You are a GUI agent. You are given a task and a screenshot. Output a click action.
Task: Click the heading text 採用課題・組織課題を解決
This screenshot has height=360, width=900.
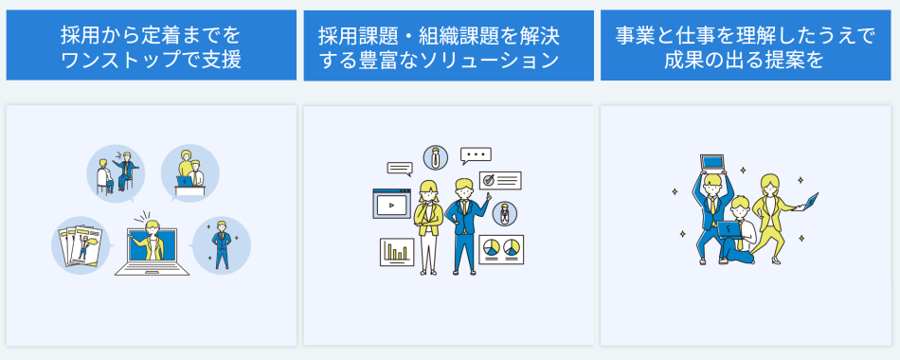tap(439, 38)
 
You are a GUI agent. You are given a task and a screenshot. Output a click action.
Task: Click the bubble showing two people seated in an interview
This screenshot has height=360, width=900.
tap(115, 173)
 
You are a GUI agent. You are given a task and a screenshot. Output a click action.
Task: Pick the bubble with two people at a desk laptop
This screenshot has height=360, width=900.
tap(189, 172)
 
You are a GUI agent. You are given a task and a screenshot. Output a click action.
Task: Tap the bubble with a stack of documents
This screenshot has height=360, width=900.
tap(81, 245)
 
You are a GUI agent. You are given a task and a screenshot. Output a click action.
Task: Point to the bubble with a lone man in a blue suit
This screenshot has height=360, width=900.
tap(221, 245)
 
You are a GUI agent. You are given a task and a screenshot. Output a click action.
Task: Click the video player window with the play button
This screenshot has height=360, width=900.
tap(391, 203)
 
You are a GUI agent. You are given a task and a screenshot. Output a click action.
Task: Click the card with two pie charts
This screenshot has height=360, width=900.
tap(501, 249)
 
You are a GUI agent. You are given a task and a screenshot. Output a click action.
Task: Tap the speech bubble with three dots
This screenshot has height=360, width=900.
tap(476, 154)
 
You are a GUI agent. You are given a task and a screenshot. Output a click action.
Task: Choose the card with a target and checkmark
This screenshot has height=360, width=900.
tap(500, 179)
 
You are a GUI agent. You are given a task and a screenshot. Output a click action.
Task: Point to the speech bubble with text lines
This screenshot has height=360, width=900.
tap(400, 169)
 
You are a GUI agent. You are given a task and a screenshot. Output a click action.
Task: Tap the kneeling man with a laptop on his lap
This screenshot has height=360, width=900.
tap(738, 227)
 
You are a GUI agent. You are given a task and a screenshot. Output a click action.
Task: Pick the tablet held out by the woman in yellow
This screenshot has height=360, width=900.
tap(810, 200)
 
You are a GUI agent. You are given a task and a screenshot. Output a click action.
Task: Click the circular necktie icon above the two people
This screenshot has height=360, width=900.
tap(435, 157)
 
